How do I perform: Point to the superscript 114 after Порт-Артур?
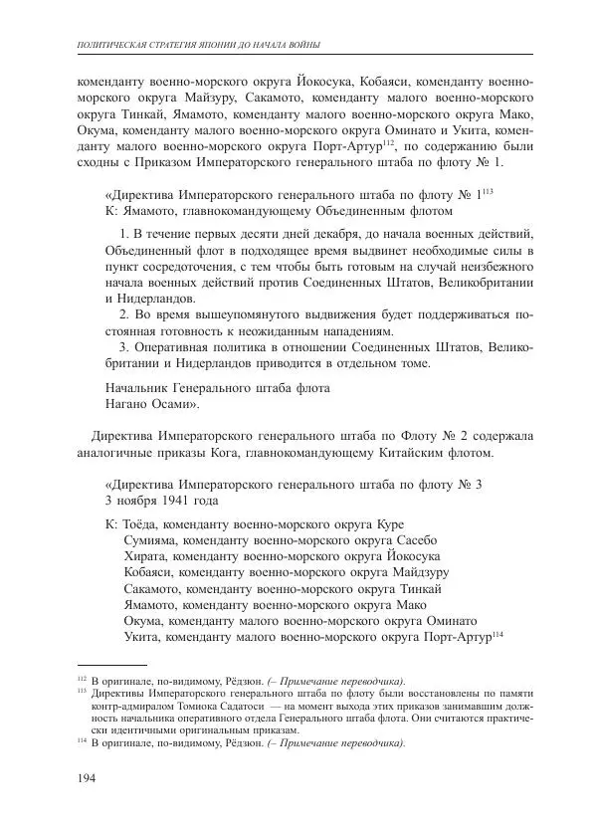498,633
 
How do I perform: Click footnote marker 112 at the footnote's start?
82,676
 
